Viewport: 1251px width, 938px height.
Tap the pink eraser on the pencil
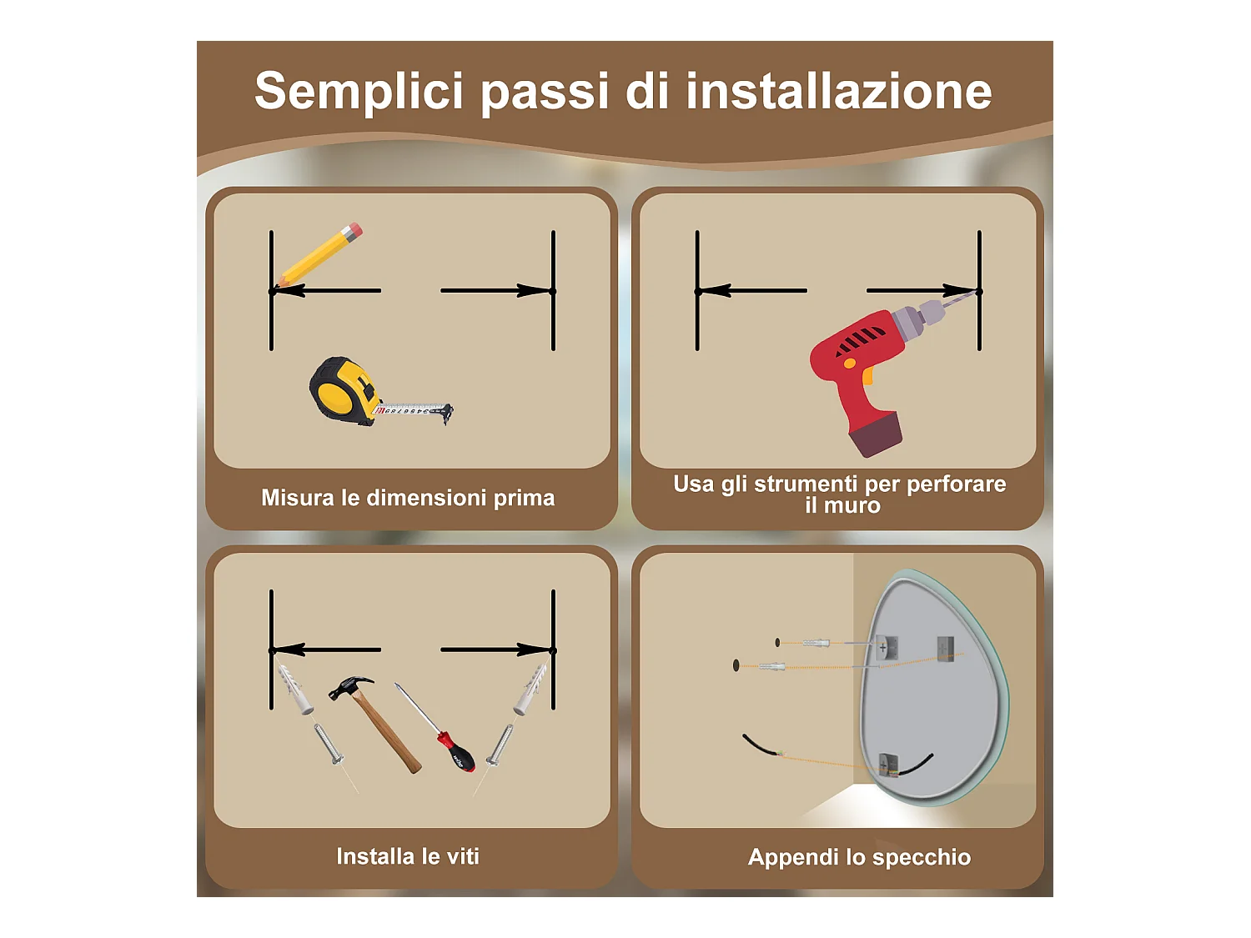click(x=354, y=229)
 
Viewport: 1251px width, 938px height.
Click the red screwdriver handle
click(x=457, y=752)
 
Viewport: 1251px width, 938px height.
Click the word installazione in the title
click(x=838, y=93)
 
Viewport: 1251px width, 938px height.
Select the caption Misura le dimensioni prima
click(x=408, y=498)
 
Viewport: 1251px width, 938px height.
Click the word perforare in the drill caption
click(x=956, y=484)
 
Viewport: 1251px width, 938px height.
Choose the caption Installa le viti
click(x=408, y=856)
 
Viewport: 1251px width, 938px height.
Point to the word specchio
click(x=922, y=858)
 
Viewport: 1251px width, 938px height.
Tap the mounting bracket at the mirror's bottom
click(x=888, y=764)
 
